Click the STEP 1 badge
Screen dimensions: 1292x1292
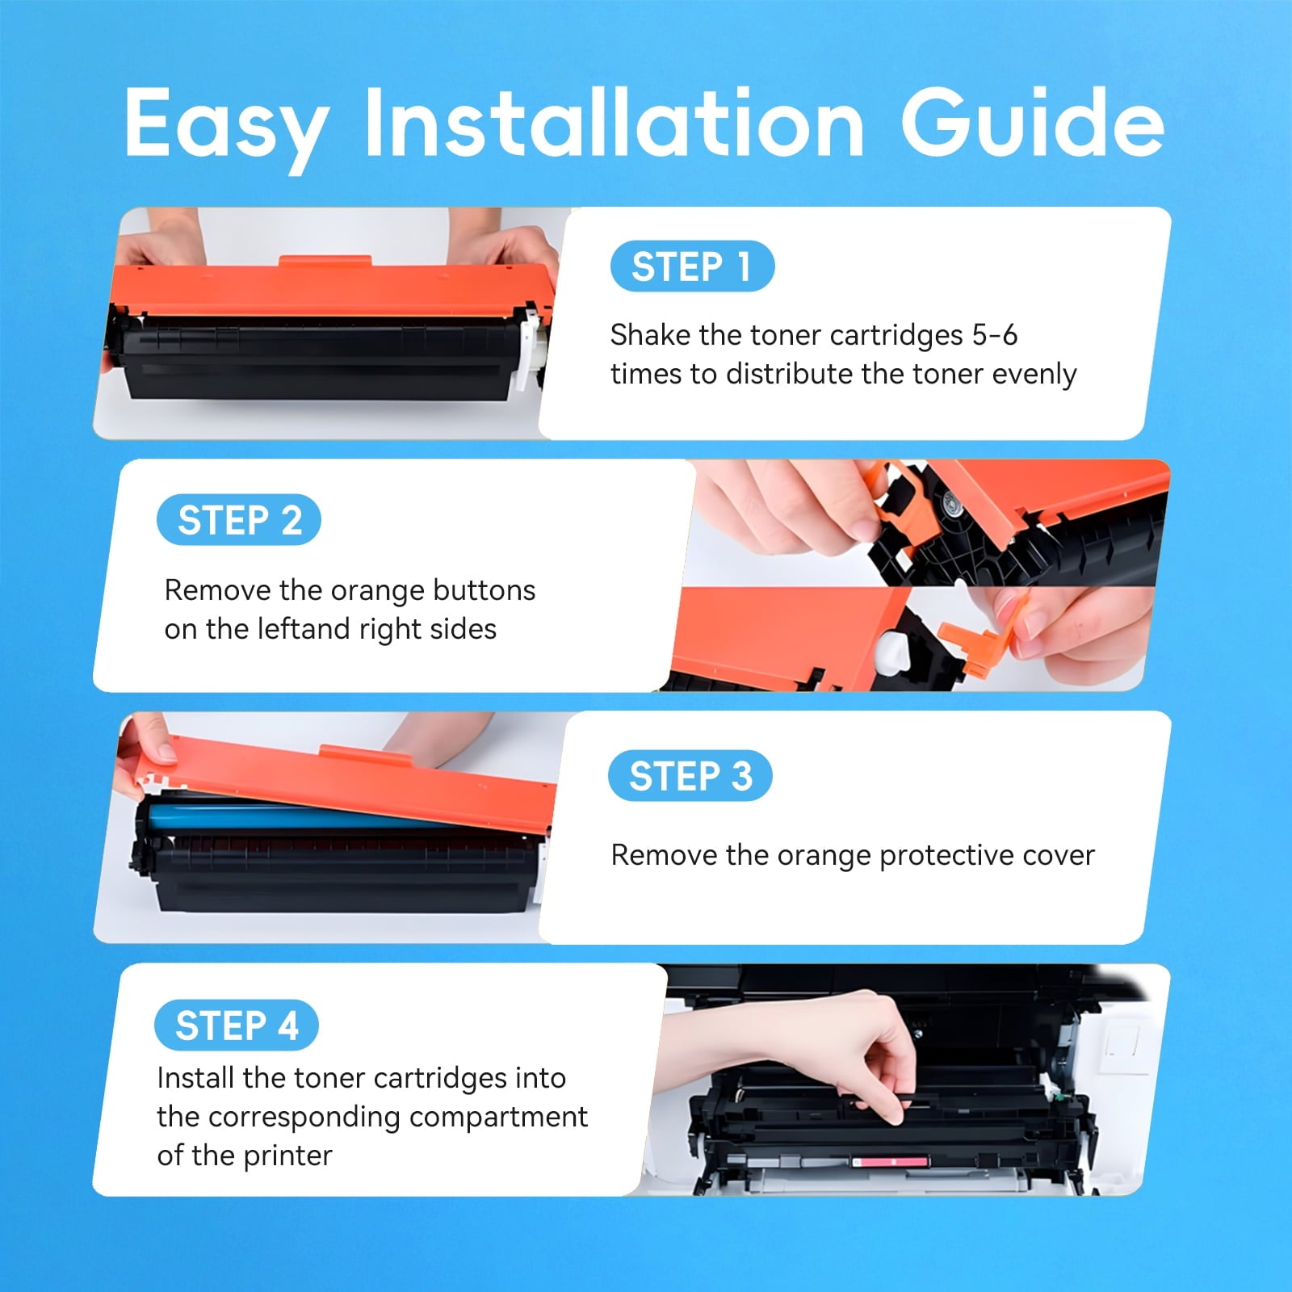[x=692, y=266]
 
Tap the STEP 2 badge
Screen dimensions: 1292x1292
[x=239, y=519]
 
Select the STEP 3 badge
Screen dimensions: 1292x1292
[x=690, y=776]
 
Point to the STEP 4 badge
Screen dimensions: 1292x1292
[x=237, y=1026]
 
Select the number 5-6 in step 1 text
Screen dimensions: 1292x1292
[x=994, y=334]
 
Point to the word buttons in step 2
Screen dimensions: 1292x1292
[x=484, y=590]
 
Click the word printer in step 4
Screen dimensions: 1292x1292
[x=287, y=1156]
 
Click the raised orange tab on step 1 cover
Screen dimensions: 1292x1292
[x=325, y=262]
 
